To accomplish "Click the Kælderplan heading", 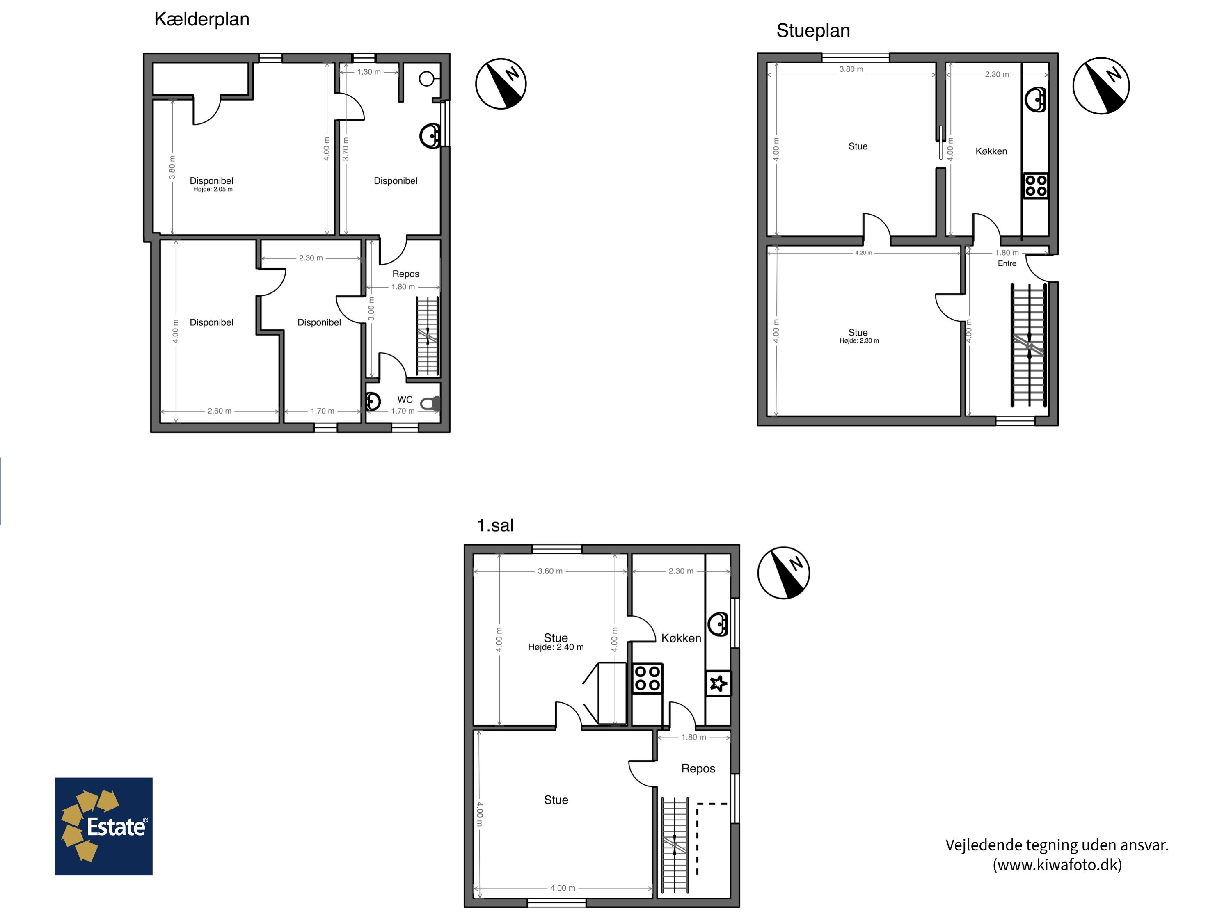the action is click(201, 19).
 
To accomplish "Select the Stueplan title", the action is click(813, 31).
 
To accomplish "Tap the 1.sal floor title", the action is click(495, 525).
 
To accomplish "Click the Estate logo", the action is click(103, 826).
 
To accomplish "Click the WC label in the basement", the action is click(405, 400).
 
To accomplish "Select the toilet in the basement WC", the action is click(430, 403).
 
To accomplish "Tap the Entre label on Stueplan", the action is click(1007, 264).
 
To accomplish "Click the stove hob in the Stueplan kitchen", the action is click(1035, 186).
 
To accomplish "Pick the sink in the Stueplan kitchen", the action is click(1036, 100).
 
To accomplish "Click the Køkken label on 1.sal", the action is click(681, 638).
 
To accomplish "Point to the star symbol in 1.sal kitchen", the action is click(718, 683).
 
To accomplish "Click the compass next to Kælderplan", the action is click(501, 84).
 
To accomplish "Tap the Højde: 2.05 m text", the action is click(213, 189).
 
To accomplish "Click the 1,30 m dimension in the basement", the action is click(369, 72).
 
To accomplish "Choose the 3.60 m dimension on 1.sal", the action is click(550, 571).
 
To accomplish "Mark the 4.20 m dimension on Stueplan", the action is click(864, 253).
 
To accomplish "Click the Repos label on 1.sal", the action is click(698, 769).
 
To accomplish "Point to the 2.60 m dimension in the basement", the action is click(219, 411).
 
